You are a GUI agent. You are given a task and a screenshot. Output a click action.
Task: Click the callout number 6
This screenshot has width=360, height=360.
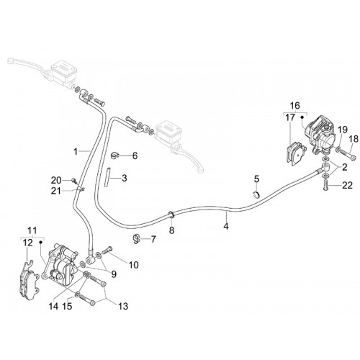pyautogui.click(x=135, y=156)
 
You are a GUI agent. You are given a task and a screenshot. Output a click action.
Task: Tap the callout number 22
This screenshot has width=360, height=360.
pyautogui.click(x=347, y=185)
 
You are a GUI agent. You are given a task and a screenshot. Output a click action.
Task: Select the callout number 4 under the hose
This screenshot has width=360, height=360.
pyautogui.click(x=226, y=226)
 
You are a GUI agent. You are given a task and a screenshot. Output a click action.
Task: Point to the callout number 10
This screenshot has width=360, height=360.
pyautogui.click(x=134, y=265)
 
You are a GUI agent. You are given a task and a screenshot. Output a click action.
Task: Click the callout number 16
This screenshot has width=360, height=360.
pyautogui.click(x=295, y=105)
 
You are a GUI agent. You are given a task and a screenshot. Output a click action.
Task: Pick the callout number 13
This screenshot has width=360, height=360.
pyautogui.click(x=123, y=306)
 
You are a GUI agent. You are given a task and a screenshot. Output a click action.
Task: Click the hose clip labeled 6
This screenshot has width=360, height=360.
pyautogui.click(x=114, y=156)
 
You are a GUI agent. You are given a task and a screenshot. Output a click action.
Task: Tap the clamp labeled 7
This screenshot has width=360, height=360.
pyautogui.click(x=137, y=238)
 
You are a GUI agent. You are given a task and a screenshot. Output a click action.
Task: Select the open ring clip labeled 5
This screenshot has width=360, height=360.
pyautogui.click(x=257, y=194)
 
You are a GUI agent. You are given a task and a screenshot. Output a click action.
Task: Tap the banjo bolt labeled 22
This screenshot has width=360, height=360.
pyautogui.click(x=325, y=185)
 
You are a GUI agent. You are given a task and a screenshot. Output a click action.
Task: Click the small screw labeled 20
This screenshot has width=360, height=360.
pyautogui.click(x=73, y=180)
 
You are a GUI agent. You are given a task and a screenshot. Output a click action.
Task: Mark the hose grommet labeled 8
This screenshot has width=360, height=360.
pyautogui.click(x=171, y=214)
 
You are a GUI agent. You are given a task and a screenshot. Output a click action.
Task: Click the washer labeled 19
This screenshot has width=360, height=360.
pyautogui.click(x=339, y=150)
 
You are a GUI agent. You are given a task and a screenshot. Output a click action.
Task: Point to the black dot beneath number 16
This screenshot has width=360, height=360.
pyautogui.click(x=302, y=117)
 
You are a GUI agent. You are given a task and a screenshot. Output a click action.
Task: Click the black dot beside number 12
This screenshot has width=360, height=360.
pyautogui.click(x=40, y=242)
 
